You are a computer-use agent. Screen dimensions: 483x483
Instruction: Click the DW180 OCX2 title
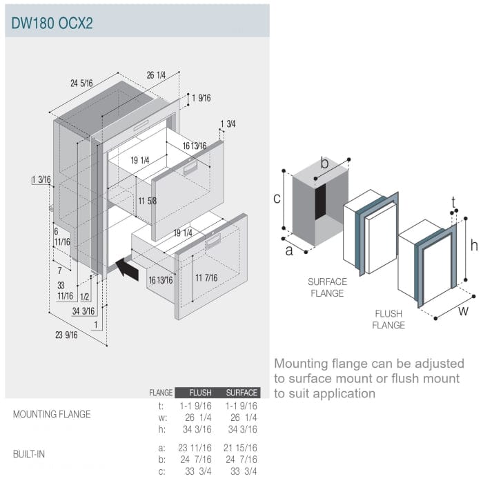coord(52,23)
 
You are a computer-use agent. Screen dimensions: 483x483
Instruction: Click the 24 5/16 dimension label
coord(81,83)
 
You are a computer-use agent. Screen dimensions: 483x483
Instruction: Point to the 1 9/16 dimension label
coord(201,98)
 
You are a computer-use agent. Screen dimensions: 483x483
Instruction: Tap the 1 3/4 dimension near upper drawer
coord(228,124)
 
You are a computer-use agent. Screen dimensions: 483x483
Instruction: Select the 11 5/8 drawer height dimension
coord(147,201)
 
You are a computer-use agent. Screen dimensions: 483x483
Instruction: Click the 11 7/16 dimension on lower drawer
coord(206,278)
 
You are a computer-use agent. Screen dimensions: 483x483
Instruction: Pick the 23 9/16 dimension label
coord(66,335)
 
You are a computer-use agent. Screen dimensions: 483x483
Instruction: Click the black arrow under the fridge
coord(127,269)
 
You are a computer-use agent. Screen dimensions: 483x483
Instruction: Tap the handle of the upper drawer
coord(190,168)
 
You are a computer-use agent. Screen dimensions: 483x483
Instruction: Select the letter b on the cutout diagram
coord(324,163)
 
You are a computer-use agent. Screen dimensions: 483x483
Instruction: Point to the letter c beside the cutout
coord(277,199)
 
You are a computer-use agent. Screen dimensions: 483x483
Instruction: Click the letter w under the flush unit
coord(463,310)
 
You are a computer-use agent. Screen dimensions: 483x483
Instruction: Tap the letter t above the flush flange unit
coord(453,202)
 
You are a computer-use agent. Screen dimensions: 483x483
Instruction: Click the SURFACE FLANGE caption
coord(327,288)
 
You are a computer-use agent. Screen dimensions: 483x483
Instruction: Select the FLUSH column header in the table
coord(200,393)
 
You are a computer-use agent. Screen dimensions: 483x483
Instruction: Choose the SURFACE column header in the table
coord(241,393)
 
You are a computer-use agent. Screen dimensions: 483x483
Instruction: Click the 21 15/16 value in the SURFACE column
coord(240,448)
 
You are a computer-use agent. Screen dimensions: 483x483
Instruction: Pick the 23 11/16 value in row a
coord(195,448)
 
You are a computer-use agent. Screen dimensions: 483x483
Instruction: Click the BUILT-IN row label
coord(29,454)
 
